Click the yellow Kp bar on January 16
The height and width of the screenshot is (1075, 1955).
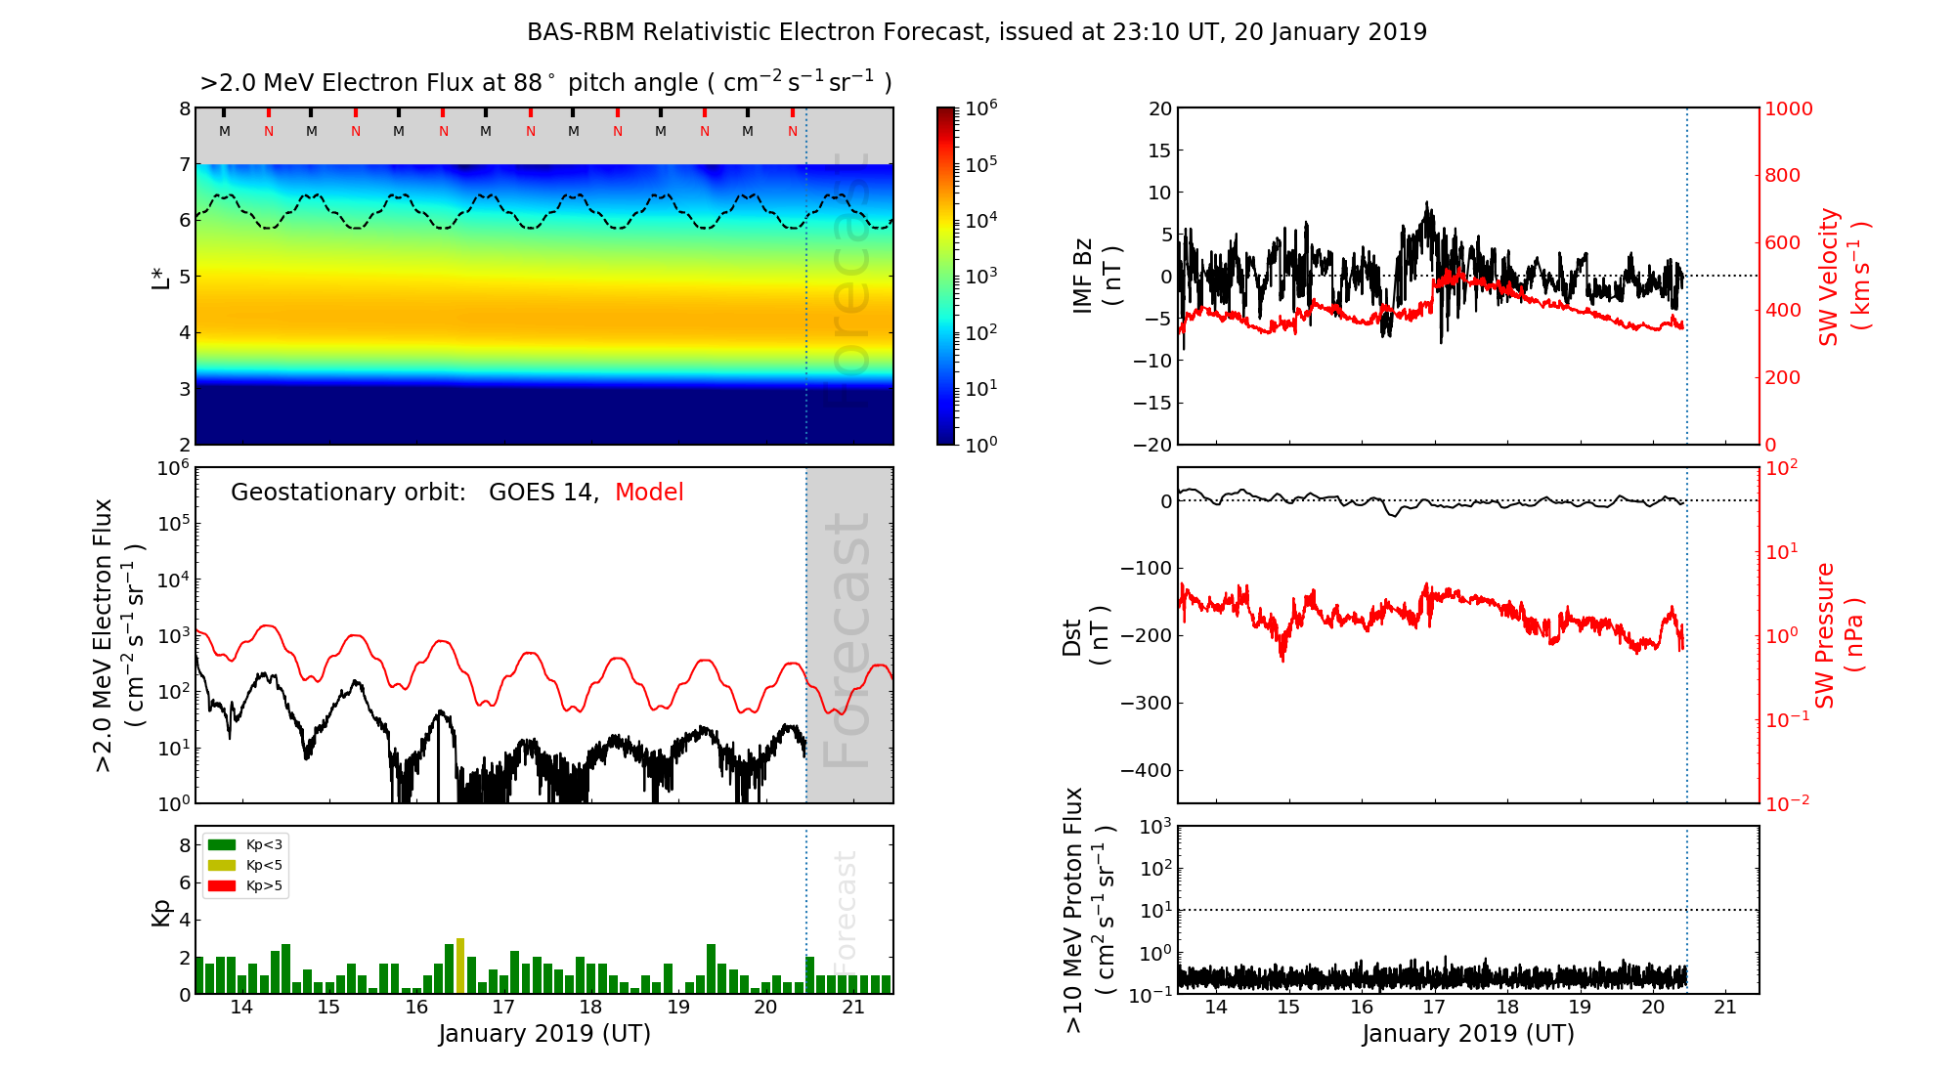(x=460, y=966)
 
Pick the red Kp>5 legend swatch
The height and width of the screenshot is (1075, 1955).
(x=222, y=886)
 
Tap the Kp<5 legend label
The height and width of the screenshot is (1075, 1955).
(x=264, y=866)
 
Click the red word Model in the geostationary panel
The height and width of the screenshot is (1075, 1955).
(x=649, y=493)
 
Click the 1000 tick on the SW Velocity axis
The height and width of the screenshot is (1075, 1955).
(x=1788, y=108)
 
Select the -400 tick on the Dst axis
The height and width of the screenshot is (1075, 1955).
(x=1147, y=770)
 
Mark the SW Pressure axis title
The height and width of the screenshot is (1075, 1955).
(x=1839, y=635)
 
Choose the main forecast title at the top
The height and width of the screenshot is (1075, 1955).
(x=977, y=32)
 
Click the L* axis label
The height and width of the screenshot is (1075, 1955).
(x=161, y=277)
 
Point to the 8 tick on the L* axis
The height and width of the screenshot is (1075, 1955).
(x=184, y=108)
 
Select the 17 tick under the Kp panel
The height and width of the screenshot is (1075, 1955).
(x=503, y=1008)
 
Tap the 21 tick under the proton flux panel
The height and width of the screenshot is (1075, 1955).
(x=1725, y=1008)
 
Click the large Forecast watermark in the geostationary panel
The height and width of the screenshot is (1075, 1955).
(x=847, y=640)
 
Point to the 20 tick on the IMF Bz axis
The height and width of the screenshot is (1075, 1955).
(x=1159, y=108)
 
